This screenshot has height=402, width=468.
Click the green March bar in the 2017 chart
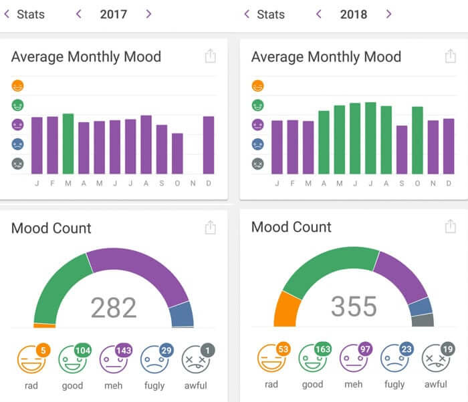coord(68,144)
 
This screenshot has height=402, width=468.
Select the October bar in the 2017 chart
coord(177,154)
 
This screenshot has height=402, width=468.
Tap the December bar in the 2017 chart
coord(209,145)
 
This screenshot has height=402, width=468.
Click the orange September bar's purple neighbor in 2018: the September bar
coord(402,150)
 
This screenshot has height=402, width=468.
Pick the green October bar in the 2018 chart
coord(417,140)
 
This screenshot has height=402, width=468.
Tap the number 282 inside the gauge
coord(114,308)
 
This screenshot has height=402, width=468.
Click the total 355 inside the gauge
coord(354,307)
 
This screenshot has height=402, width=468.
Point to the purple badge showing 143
coord(124,351)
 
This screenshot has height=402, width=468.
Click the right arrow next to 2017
coord(148,14)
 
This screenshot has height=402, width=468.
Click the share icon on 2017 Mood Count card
coord(211,228)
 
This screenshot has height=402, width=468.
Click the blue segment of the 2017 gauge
coord(181,314)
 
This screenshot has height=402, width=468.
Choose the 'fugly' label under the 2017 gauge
coord(154,385)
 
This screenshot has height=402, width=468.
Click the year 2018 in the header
coord(354,14)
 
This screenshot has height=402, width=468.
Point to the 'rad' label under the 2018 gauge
coord(271,384)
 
